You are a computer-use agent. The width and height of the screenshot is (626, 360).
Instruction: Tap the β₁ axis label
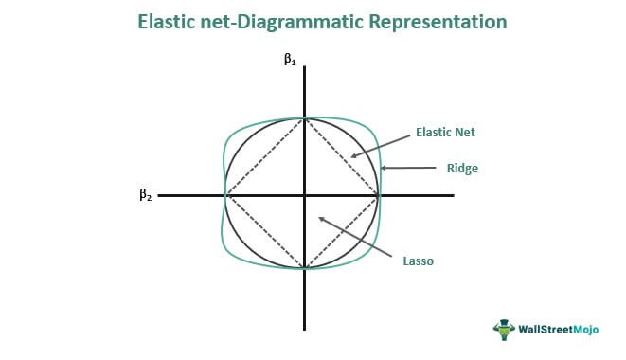[290, 60]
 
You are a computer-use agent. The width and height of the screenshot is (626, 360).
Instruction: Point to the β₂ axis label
[145, 194]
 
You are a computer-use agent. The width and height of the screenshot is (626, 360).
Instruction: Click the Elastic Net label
[445, 133]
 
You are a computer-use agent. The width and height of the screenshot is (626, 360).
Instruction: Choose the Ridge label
[462, 169]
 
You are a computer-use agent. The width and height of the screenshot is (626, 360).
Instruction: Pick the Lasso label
[418, 261]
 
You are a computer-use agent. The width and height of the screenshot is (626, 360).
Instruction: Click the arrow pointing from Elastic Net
[381, 146]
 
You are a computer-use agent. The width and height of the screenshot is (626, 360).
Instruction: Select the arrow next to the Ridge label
[408, 168]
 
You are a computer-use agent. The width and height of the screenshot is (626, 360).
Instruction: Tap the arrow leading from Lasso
[355, 237]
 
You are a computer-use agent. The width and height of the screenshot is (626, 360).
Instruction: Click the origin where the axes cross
[305, 195]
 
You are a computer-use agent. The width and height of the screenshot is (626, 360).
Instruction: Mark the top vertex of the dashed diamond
[305, 118]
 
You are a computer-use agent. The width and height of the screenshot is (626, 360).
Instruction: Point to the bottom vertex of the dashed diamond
[305, 268]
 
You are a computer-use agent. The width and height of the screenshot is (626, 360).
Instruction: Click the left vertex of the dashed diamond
[226, 195]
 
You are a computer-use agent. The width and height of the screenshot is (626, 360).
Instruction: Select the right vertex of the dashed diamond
[378, 195]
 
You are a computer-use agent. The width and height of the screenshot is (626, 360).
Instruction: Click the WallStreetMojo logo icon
[504, 330]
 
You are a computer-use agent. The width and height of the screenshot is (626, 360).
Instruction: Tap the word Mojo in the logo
[585, 330]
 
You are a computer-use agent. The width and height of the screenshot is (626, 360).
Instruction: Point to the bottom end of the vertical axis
[305, 330]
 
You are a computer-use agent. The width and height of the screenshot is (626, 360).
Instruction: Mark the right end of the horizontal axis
[454, 195]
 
